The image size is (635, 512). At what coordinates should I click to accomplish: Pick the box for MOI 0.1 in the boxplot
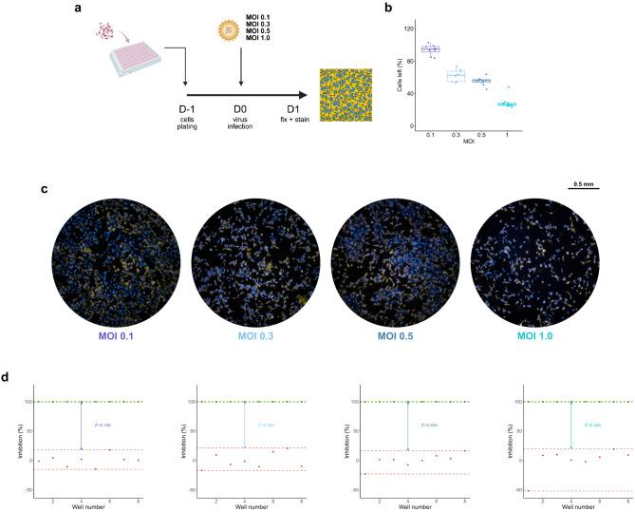coord(430,48)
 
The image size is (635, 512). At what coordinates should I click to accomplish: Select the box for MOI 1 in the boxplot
coord(507,104)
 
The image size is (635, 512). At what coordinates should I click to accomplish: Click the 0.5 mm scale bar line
coord(584,188)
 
